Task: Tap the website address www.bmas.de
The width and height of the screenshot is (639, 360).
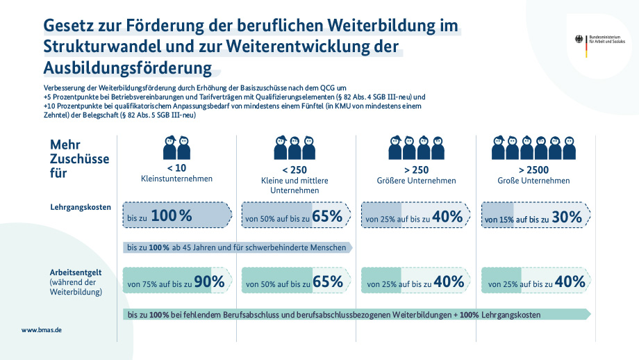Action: click(x=42, y=330)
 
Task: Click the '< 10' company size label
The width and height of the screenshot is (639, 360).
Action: click(x=176, y=167)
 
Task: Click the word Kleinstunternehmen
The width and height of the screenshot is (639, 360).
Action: click(x=176, y=179)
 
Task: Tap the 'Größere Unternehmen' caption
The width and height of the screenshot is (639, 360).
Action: click(x=414, y=181)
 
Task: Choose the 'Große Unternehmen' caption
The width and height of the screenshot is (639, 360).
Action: click(x=533, y=181)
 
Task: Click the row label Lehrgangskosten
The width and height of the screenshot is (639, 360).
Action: click(x=81, y=207)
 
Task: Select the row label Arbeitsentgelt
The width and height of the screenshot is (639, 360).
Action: click(x=76, y=272)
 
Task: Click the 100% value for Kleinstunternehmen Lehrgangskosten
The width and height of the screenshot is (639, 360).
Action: click(x=171, y=216)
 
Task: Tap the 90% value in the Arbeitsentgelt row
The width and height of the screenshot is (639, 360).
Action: click(x=209, y=281)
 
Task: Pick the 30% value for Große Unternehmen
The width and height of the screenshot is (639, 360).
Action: click(x=567, y=217)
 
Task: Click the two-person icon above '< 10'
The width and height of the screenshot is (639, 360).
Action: click(x=176, y=147)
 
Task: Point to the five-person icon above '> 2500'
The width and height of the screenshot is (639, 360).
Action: click(x=533, y=147)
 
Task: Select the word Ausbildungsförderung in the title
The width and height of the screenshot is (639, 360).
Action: click(x=128, y=68)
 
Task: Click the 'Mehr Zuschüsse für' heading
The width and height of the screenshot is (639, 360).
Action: click(x=78, y=158)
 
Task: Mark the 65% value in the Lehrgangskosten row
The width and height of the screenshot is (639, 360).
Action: click(x=328, y=217)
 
